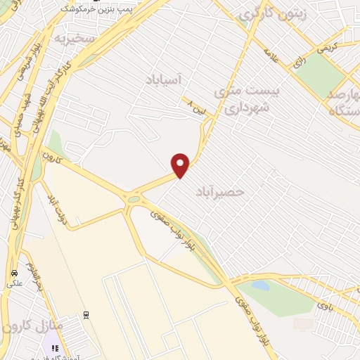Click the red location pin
[x=181, y=165]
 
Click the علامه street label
[x=271, y=56]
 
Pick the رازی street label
[x=299, y=62]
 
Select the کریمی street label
[x=325, y=48]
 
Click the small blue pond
[x=260, y=286]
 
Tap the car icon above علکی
[x=13, y=272]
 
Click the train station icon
[x=86, y=314]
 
